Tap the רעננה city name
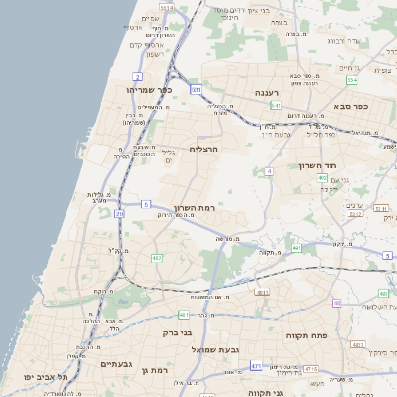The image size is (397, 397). click(265, 92)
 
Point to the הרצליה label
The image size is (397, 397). click(203, 149)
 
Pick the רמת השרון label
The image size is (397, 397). click(195, 208)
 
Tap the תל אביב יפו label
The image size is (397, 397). click(49, 377)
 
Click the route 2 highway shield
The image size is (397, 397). click(137, 76)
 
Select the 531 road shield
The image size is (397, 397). click(197, 90)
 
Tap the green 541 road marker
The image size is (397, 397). click(275, 104)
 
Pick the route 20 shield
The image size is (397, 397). click(120, 213)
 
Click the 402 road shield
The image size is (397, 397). click(323, 178)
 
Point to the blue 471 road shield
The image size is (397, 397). click(256, 366)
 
